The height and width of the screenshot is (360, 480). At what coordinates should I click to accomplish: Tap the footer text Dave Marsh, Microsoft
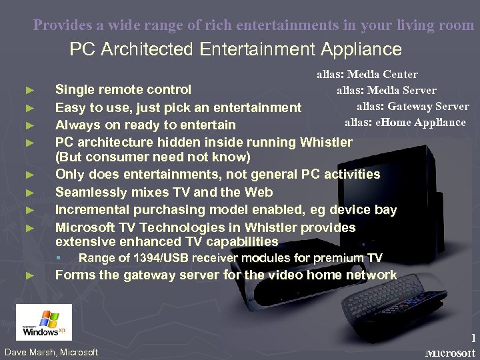[x=51, y=352]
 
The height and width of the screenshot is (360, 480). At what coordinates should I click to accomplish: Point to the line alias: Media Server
[x=386, y=90]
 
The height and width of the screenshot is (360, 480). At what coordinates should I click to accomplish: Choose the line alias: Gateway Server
[x=412, y=106]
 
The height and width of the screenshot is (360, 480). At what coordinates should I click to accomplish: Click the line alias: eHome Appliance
[x=405, y=122]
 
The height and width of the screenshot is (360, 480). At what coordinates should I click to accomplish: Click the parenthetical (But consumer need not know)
[x=153, y=157]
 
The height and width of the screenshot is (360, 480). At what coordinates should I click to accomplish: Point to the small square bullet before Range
[x=59, y=258]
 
